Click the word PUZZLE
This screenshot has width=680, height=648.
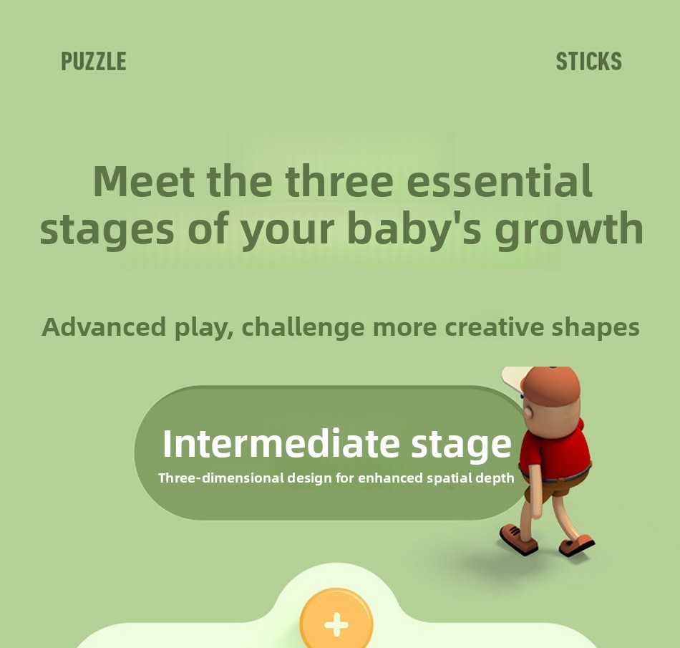click(94, 61)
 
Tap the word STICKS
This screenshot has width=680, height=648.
click(589, 61)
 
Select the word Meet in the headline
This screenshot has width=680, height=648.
click(144, 181)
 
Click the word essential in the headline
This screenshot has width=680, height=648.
click(500, 181)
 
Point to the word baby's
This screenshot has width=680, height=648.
click(414, 228)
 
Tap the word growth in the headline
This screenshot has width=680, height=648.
click(569, 230)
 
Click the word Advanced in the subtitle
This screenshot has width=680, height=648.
click(104, 327)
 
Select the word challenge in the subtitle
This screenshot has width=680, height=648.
click(303, 327)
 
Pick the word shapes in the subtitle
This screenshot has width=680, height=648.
click(596, 327)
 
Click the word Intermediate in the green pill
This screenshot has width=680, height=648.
click(281, 443)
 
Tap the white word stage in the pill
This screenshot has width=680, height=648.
click(462, 445)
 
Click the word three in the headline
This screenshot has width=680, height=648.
click(339, 181)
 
